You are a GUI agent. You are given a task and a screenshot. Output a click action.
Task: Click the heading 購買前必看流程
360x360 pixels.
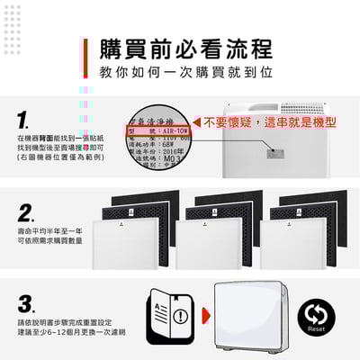(180, 47)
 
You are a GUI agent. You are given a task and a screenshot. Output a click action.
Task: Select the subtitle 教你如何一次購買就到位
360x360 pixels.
(180, 70)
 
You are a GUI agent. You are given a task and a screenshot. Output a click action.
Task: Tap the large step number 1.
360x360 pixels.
(24, 121)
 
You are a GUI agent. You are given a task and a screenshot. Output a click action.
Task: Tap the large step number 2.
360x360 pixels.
(26, 212)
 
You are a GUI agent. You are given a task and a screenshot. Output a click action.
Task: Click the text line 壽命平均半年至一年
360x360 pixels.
(50, 231)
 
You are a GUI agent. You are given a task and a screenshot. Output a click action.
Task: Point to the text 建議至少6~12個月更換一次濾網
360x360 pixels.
(64, 334)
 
